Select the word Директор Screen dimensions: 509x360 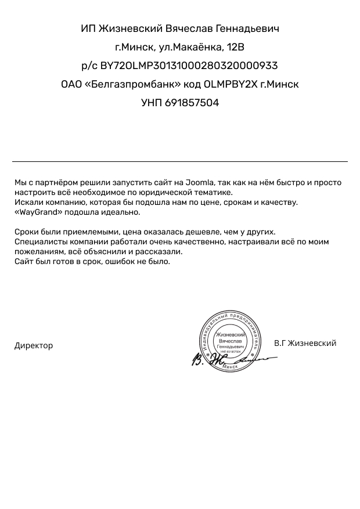point(34,345)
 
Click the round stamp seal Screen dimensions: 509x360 point(231,338)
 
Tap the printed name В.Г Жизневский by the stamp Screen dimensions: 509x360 point(305,343)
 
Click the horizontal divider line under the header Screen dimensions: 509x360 point(180,161)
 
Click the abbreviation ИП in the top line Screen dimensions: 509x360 point(88,28)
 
